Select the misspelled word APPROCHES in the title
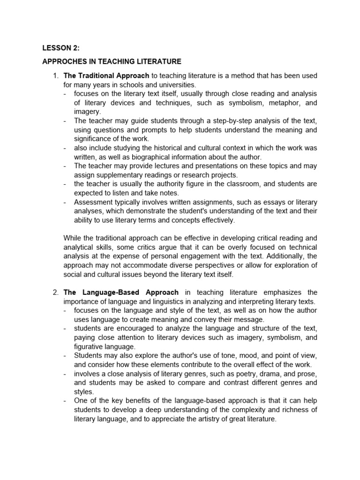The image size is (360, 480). pos(64,61)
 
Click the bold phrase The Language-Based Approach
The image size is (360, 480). pos(122,292)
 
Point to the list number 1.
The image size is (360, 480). pos(55,75)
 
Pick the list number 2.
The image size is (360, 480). pos(55,292)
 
